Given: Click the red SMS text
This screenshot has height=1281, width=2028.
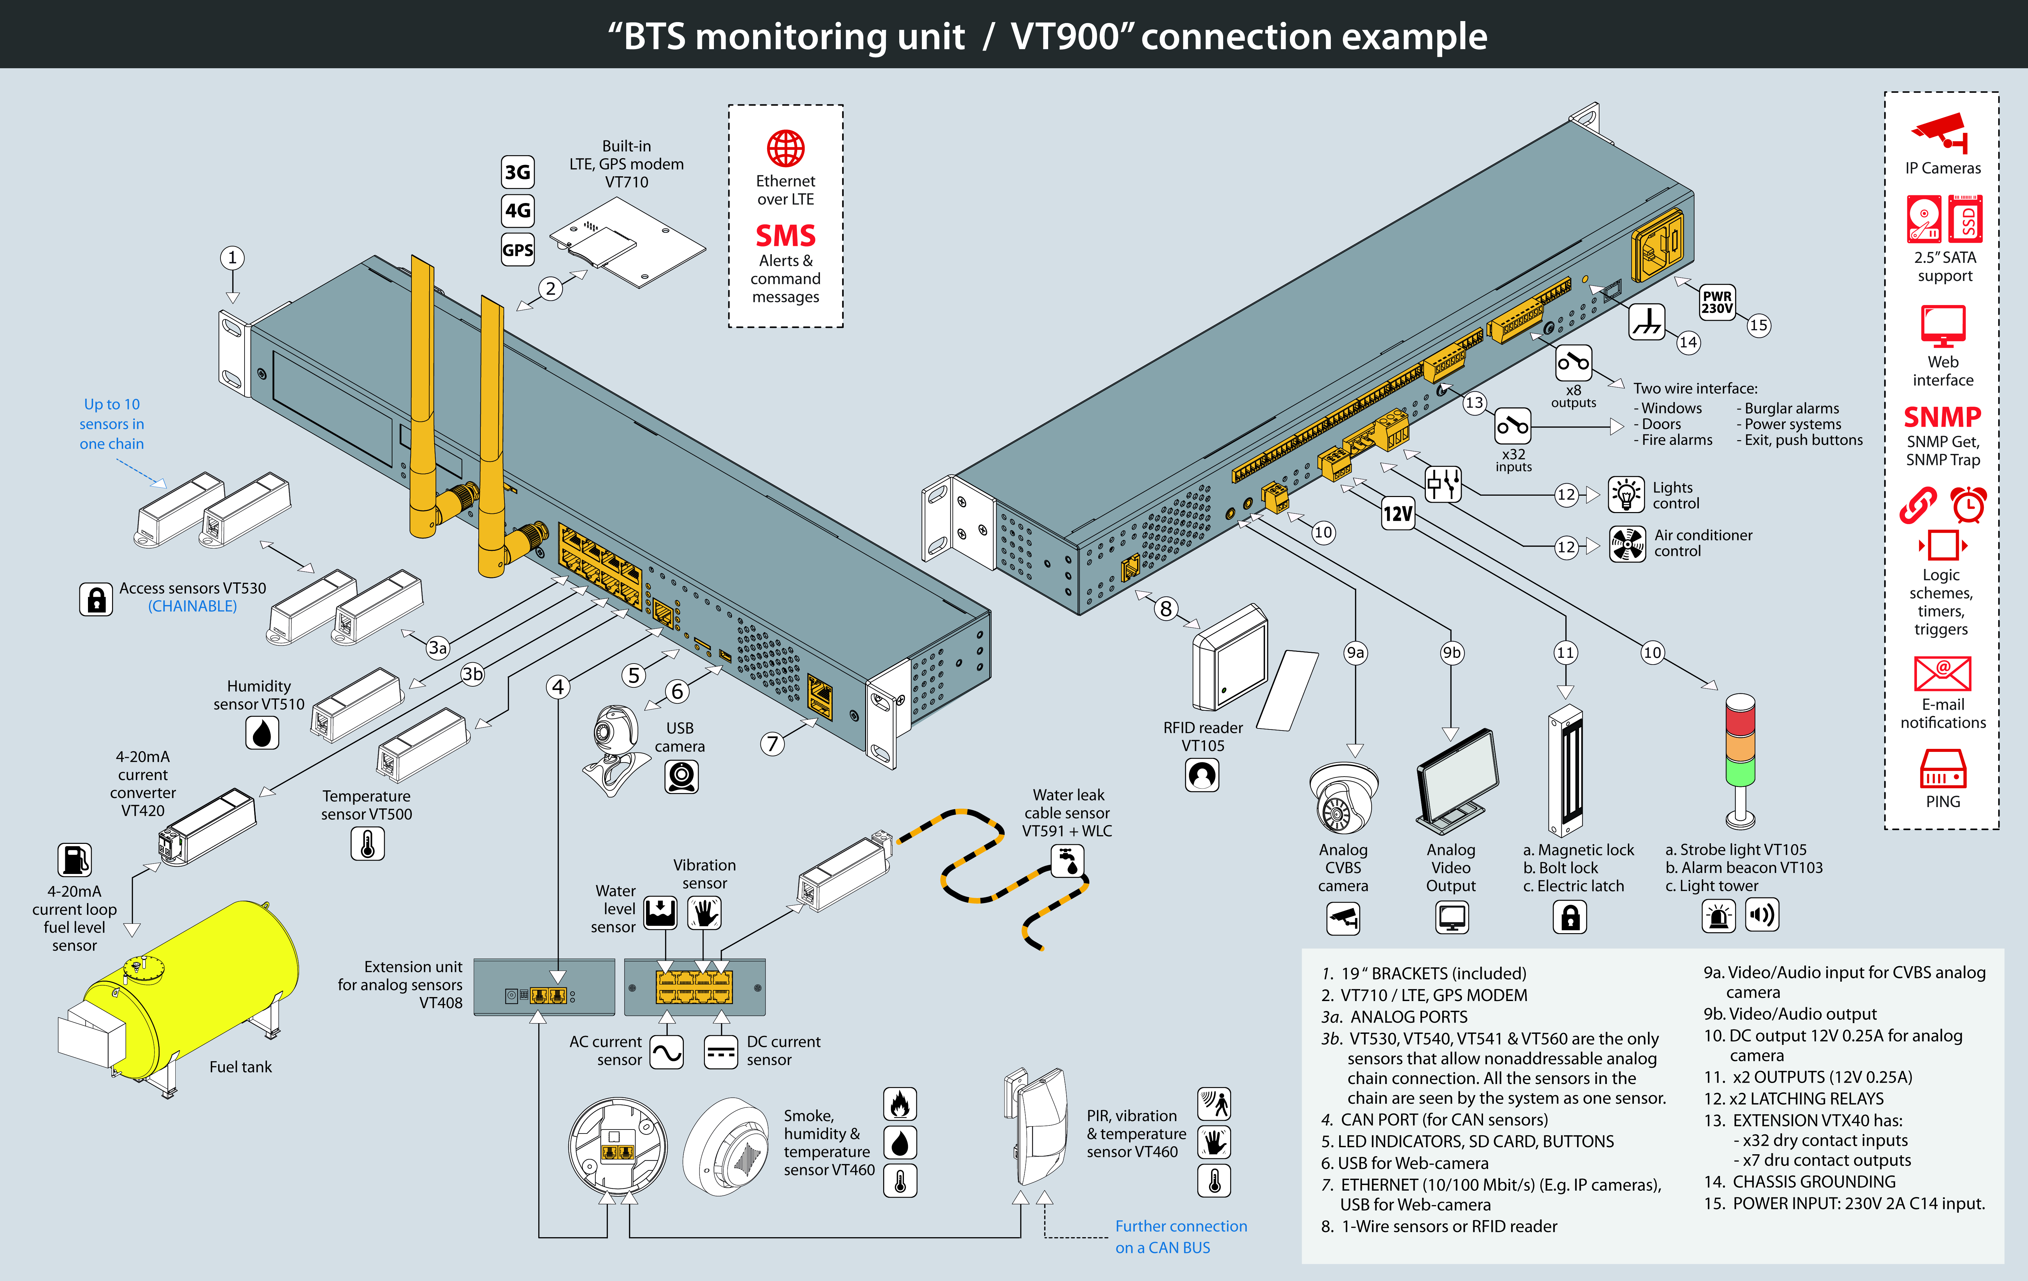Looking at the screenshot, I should (x=785, y=235).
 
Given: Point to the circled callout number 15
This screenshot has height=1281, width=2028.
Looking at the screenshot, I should (x=1758, y=325).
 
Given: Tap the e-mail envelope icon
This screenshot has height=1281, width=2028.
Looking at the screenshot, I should (x=1942, y=674).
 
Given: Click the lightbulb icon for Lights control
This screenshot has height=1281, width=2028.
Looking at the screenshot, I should (x=1626, y=494).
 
